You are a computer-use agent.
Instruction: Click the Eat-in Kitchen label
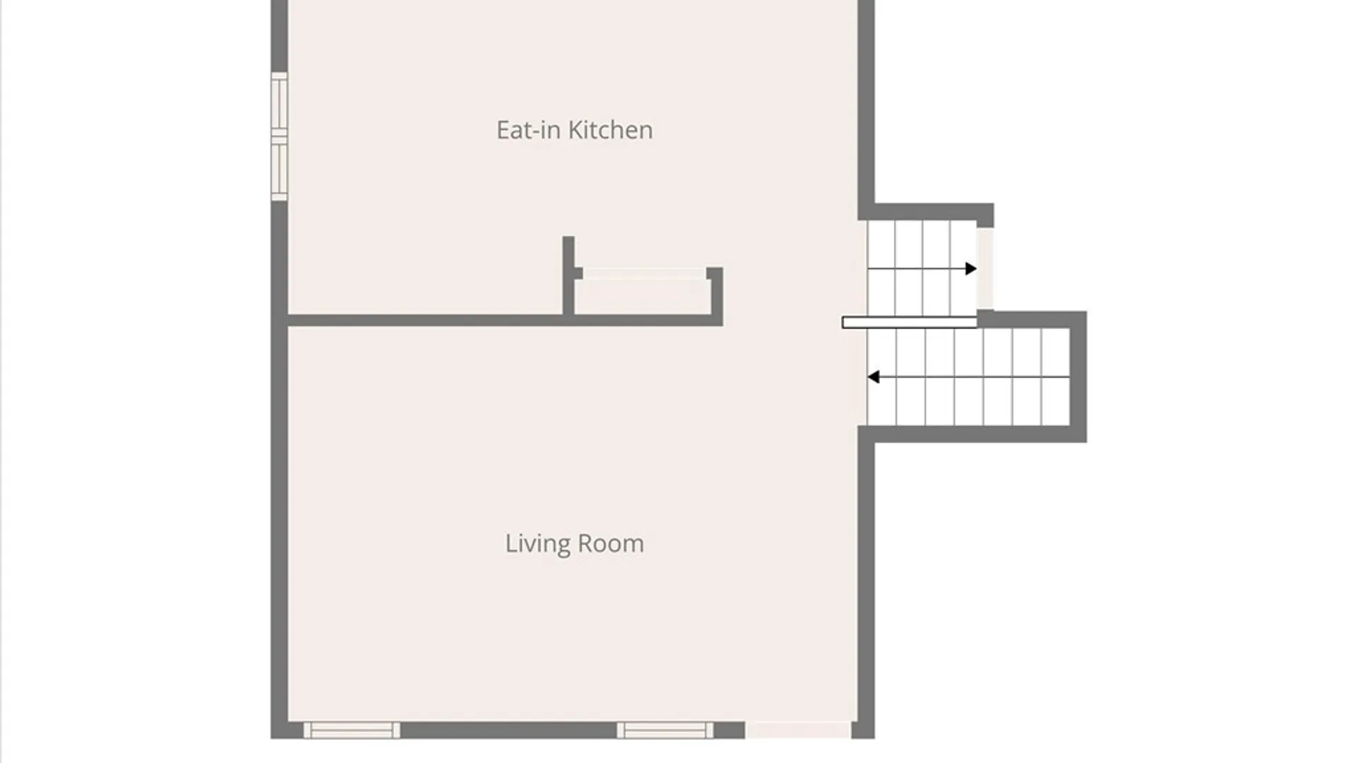pyautogui.click(x=574, y=130)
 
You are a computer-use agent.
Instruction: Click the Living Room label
pyautogui.click(x=574, y=543)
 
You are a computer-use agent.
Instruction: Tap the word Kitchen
pyautogui.click(x=610, y=130)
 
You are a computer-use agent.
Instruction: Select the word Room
pyautogui.click(x=611, y=543)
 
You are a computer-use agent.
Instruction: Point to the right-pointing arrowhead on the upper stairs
pyautogui.click(x=971, y=268)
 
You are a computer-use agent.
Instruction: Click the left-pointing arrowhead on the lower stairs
pyautogui.click(x=874, y=377)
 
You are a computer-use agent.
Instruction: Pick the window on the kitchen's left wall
pyautogui.click(x=280, y=136)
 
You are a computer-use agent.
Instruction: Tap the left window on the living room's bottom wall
pyautogui.click(x=352, y=730)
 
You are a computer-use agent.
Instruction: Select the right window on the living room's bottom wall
pyautogui.click(x=665, y=730)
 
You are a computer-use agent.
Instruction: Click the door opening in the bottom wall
pyautogui.click(x=798, y=730)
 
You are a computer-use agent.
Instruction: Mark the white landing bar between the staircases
pyautogui.click(x=910, y=323)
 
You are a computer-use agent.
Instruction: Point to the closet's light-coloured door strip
pyautogui.click(x=644, y=273)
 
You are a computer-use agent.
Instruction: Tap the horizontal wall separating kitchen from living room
pyautogui.click(x=504, y=321)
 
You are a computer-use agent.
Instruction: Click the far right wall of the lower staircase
pyautogui.click(x=1078, y=377)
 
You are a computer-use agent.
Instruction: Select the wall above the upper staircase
pyautogui.click(x=926, y=212)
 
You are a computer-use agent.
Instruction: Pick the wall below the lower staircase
pyautogui.click(x=973, y=434)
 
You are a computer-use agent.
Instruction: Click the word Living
pyautogui.click(x=537, y=543)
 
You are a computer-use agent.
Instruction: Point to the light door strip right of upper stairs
pyautogui.click(x=985, y=268)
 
